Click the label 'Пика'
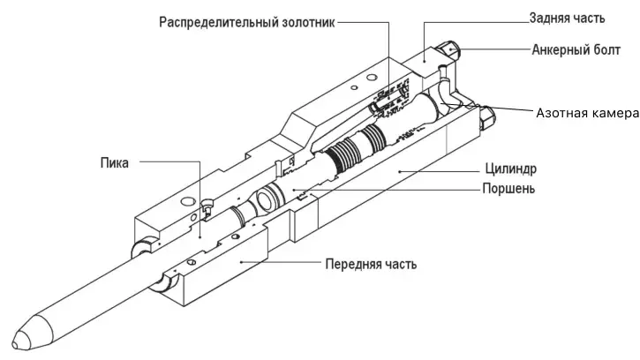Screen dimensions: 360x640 click(115, 162)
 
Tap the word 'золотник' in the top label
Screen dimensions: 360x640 click(305, 21)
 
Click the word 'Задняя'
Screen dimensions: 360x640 click(552, 18)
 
